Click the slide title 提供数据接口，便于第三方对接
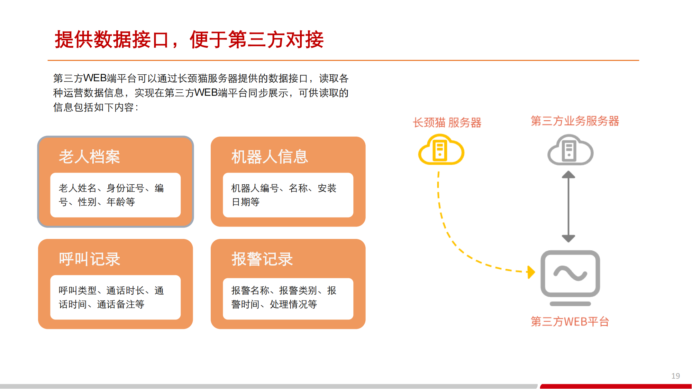(x=189, y=39)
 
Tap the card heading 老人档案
(x=89, y=157)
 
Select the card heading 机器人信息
(x=270, y=157)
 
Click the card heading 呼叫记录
(x=89, y=259)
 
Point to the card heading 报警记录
(x=262, y=259)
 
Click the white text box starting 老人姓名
(x=116, y=195)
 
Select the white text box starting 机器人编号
(x=288, y=195)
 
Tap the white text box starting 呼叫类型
(x=116, y=297)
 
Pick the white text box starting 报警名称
(x=288, y=299)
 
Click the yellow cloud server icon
(x=441, y=150)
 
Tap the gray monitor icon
(x=570, y=278)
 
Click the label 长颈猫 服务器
(x=447, y=122)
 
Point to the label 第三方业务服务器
(x=575, y=121)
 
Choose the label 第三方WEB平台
(x=570, y=322)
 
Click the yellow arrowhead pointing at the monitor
(x=531, y=272)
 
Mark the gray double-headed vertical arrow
(x=568, y=206)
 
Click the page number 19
(x=676, y=376)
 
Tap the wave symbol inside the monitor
(x=570, y=273)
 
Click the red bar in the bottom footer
(x=616, y=386)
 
